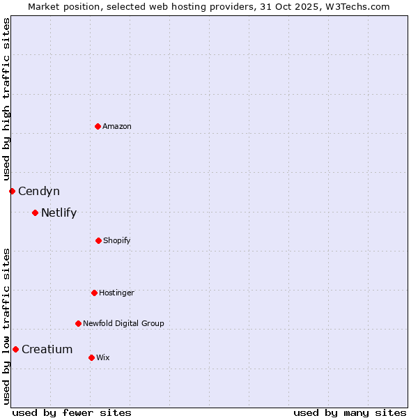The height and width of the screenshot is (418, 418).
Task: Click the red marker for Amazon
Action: pos(98,126)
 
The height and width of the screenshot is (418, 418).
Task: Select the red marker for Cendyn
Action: pos(12,191)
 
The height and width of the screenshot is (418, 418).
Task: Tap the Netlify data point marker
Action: pos(35,212)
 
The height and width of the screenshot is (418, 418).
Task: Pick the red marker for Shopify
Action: pos(98,240)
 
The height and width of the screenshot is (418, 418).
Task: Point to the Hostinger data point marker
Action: pos(94,293)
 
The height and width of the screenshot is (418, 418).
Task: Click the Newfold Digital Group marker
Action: pos(78,323)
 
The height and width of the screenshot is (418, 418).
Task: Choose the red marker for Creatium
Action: pos(15,349)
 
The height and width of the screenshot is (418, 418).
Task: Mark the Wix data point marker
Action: pos(91,357)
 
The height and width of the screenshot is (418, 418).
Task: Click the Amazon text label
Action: pos(117,126)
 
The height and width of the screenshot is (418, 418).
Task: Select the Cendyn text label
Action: pos(39,191)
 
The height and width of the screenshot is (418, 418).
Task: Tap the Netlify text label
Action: pos(59,212)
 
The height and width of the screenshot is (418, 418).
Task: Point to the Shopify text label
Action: pos(117,240)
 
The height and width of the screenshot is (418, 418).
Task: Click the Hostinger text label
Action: pos(116,293)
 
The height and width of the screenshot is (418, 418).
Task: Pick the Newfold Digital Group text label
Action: pos(124,323)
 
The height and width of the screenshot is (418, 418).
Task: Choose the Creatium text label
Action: pos(47,349)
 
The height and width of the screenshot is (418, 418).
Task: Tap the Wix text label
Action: pos(103,357)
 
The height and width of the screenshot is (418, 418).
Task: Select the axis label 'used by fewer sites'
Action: pos(72,412)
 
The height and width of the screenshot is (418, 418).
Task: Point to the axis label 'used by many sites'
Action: pos(350,412)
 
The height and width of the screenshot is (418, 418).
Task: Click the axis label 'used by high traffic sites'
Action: pos(6,99)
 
